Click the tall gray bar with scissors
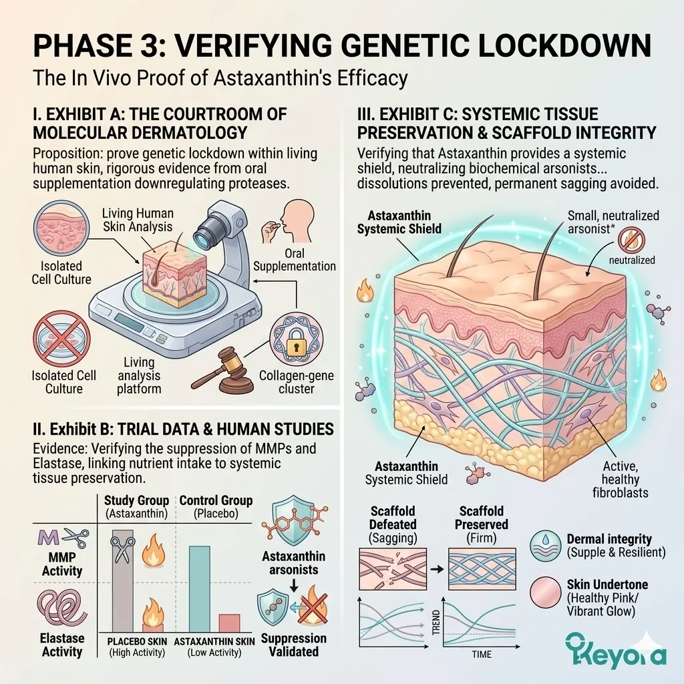[x=122, y=578]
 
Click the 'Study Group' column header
[x=137, y=506]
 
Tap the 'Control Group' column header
[x=216, y=506]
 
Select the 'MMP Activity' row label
[x=61, y=564]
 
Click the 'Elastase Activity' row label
[x=61, y=645]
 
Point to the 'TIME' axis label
[x=481, y=655]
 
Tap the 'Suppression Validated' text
[x=294, y=645]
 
